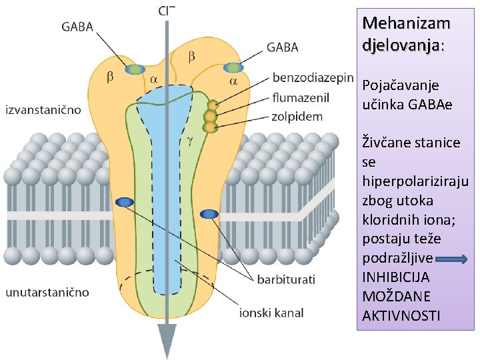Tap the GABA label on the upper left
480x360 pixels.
pos(77,27)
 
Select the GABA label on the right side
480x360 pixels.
pos(283,47)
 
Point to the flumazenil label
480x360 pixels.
pos(301,97)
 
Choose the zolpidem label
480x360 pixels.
pos(297,116)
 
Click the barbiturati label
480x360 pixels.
pos(287,279)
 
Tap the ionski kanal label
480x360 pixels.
pos(271,312)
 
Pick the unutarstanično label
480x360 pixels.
pos(47,292)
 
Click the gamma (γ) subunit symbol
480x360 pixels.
pos(190,141)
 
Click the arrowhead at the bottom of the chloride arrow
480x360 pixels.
pos(166,340)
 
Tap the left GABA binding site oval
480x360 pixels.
pos(135,69)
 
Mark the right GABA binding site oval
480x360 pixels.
pos(233,67)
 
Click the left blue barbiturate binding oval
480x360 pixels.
pos(125,202)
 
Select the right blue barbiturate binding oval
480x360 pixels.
pos(209,213)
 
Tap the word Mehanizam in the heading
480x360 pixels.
pos(406,23)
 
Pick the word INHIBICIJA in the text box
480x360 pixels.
pos(395,277)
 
